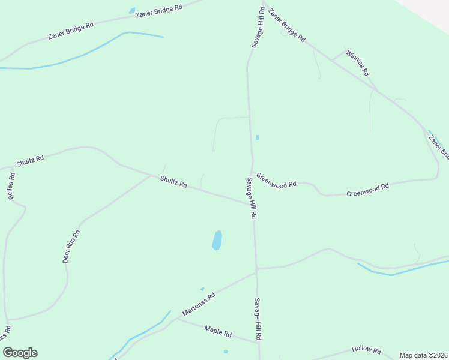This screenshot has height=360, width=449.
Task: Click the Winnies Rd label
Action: click(357, 62)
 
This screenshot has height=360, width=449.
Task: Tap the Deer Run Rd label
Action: click(71, 247)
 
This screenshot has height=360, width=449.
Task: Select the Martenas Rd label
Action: click(199, 304)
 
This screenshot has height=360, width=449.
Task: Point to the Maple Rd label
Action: click(218, 331)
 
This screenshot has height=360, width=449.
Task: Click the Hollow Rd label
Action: click(366, 350)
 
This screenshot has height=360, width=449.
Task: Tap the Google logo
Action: click(20, 353)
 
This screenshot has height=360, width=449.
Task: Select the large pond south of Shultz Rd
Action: click(217, 240)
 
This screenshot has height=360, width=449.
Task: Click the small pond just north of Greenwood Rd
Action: click(258, 137)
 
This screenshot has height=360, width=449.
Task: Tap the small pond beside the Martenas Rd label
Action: click(202, 289)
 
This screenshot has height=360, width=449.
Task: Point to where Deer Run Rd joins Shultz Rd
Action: click(150, 176)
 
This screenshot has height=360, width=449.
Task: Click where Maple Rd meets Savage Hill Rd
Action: click(258, 343)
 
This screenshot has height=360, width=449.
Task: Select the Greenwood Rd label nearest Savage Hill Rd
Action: click(276, 181)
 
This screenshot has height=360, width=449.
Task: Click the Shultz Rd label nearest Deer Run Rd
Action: click(174, 182)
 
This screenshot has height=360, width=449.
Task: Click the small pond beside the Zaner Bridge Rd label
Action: click(132, 10)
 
